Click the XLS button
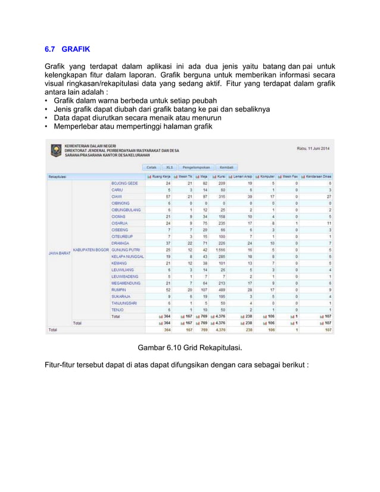tap(170, 167)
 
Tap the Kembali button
tap(226, 167)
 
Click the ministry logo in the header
tap(55, 150)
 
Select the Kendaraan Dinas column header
tap(317, 176)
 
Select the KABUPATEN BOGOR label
tap(90, 250)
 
